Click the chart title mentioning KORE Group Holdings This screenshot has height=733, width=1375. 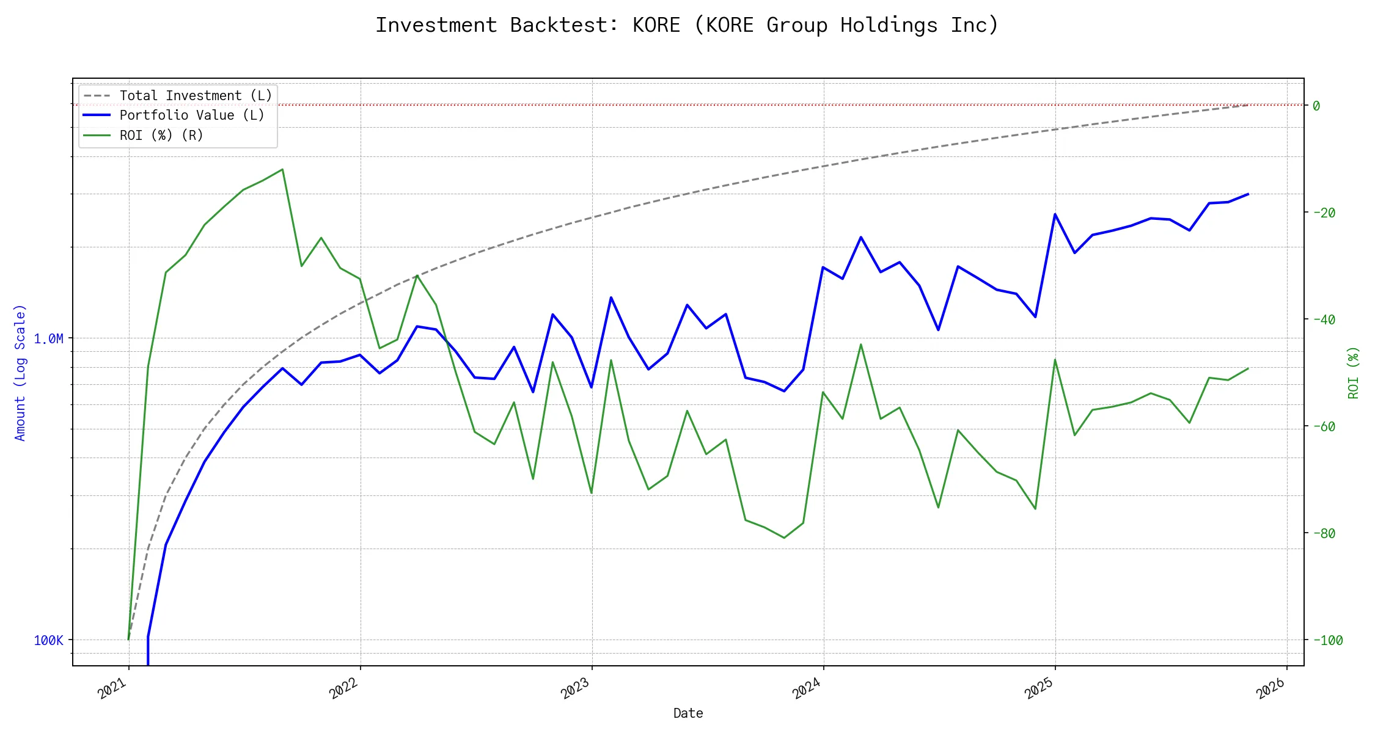687,25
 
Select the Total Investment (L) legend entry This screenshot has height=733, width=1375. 196,96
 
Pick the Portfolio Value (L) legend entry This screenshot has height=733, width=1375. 192,115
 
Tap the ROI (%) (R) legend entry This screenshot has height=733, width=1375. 161,135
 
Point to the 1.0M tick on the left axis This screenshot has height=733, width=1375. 48,338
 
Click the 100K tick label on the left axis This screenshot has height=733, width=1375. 48,640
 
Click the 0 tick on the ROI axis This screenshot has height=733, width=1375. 1316,106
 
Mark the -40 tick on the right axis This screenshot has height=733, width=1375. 1323,319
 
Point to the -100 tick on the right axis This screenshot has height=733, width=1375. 1326,640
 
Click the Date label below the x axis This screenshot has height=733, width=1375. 688,713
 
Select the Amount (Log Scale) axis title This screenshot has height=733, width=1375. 21,373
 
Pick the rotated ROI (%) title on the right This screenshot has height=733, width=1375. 1353,373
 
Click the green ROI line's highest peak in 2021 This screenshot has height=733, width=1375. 282,169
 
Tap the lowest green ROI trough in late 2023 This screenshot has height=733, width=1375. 784,538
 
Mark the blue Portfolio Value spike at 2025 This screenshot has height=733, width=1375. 1055,214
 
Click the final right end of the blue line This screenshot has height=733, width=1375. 1248,194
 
